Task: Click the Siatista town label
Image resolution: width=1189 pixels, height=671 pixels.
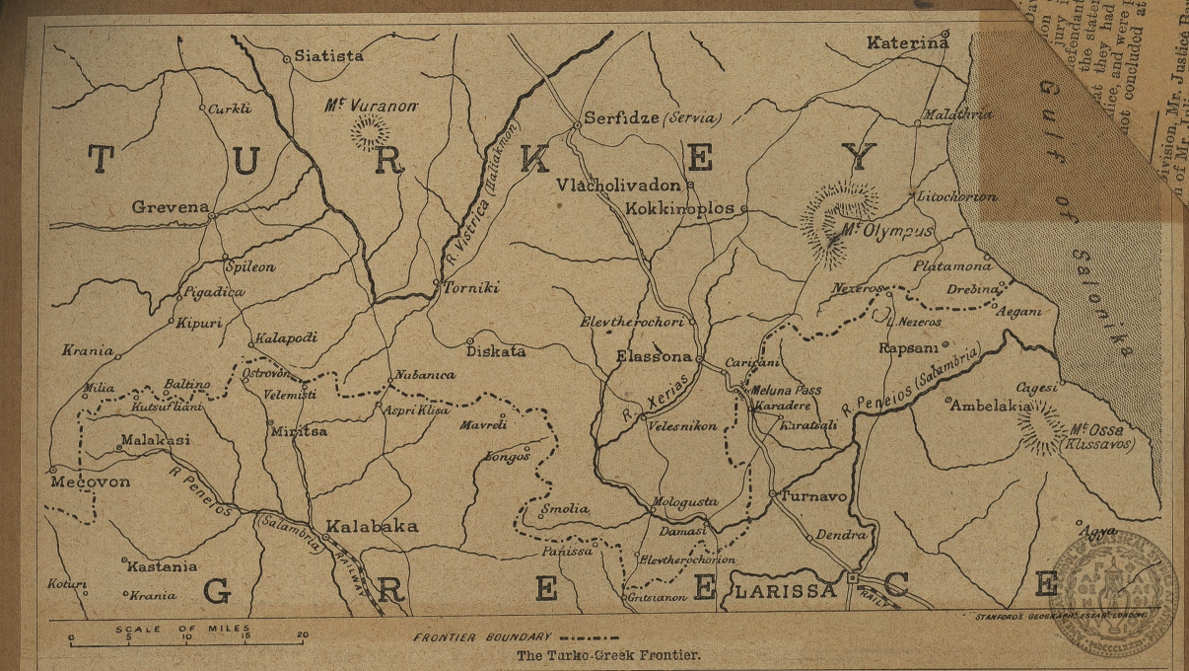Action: (x=329, y=57)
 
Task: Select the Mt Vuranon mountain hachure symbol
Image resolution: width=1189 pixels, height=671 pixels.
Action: (x=371, y=131)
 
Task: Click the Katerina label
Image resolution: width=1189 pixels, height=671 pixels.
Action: (x=907, y=42)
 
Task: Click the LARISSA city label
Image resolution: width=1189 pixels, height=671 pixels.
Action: (x=785, y=591)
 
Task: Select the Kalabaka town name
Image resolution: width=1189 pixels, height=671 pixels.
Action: (x=372, y=526)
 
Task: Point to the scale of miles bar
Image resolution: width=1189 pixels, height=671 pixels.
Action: (x=186, y=643)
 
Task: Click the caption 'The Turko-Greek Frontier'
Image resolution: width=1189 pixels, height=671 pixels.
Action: (x=607, y=654)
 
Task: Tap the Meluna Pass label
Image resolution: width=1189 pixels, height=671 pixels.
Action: (x=786, y=391)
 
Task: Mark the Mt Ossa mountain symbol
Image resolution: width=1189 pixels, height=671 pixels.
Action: (x=1040, y=426)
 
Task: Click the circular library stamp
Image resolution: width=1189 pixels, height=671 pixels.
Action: (x=1114, y=593)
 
